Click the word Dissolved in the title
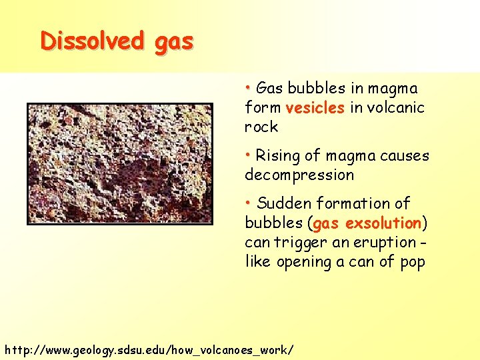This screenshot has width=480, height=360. point(91,41)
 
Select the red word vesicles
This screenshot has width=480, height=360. point(315,108)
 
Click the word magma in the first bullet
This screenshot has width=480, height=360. point(393,89)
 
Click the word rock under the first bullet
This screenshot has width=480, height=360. point(261,127)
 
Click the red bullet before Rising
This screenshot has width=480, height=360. point(248,155)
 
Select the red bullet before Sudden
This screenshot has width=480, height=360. point(248,202)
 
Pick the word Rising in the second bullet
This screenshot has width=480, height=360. point(278,156)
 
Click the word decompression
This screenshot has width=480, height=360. point(299,175)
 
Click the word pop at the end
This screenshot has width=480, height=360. point(413,263)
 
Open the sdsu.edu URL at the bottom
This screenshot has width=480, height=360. point(148,349)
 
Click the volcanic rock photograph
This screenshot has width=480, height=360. point(120,162)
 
